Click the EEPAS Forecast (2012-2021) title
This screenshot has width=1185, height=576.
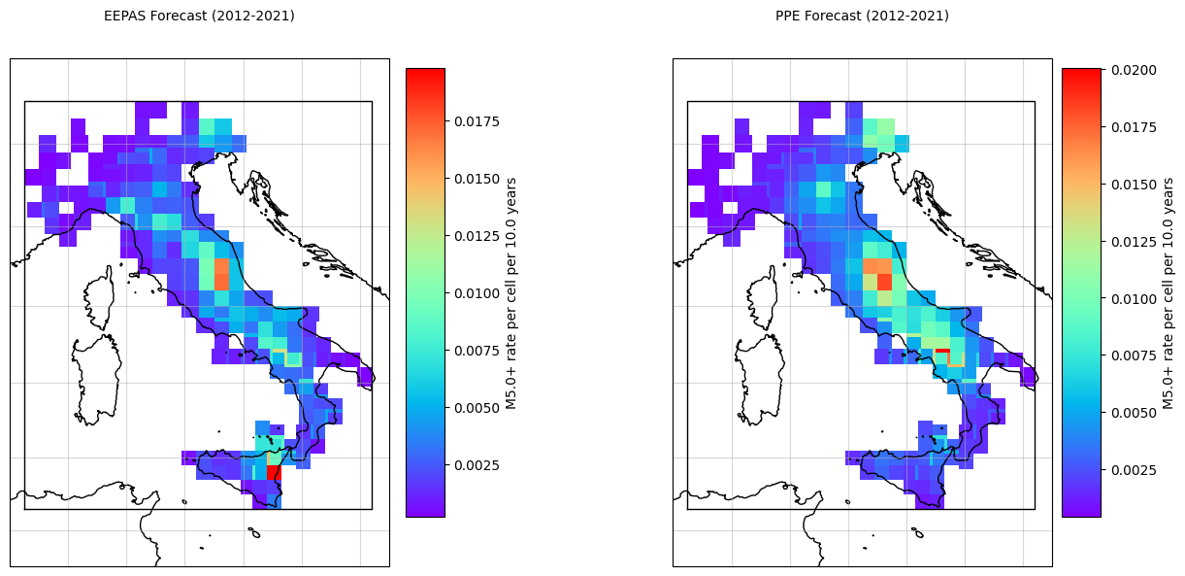[199, 16]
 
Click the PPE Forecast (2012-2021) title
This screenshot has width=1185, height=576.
[862, 16]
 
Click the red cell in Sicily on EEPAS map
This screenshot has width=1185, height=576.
[274, 472]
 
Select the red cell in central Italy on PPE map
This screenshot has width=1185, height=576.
[884, 282]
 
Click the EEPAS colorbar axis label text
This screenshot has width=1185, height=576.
[510, 292]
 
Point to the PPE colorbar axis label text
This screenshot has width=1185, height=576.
[1168, 292]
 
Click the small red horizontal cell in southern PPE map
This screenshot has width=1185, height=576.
[942, 351]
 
